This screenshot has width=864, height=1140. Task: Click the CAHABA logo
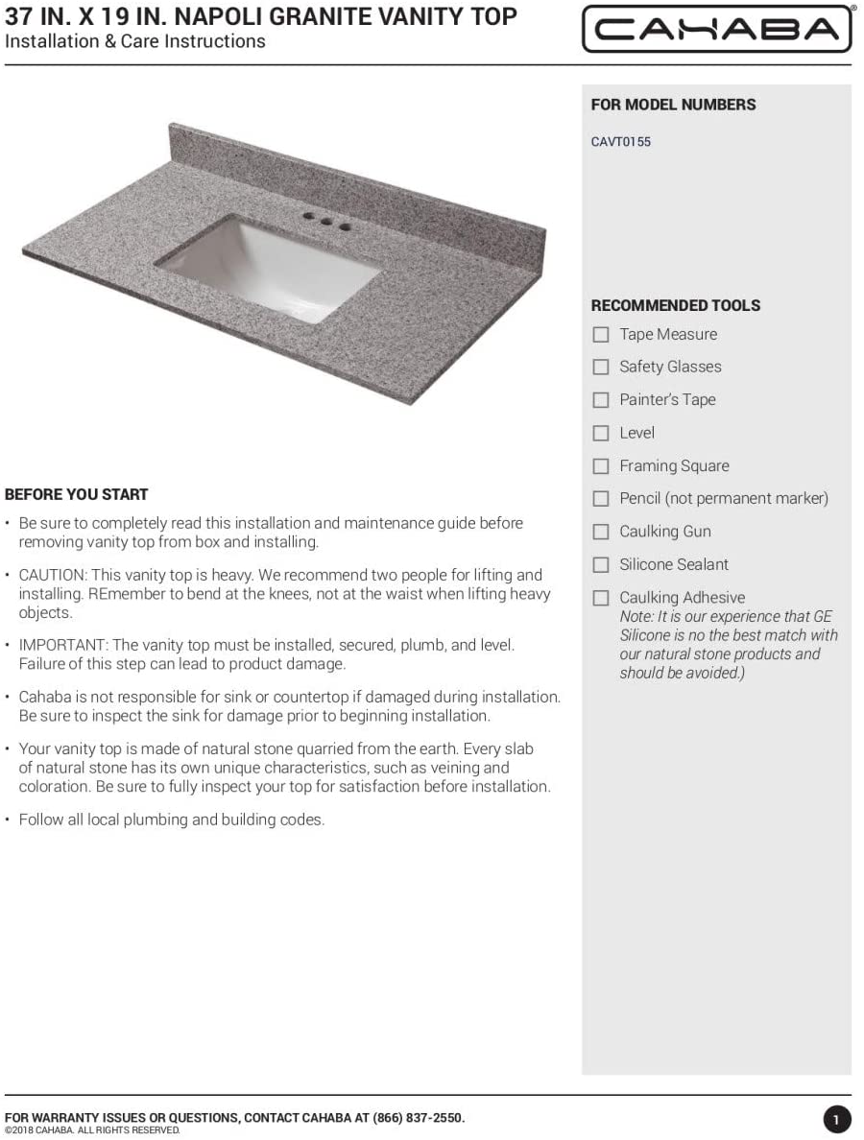[716, 29]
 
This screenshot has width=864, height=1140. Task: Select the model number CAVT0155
[620, 142]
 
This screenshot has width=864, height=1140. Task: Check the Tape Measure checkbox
[601, 335]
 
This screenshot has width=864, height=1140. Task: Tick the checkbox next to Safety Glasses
[601, 368]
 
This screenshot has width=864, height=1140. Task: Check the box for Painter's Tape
[601, 400]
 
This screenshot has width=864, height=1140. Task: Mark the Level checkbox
[601, 434]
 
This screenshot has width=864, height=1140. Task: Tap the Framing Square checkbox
[601, 466]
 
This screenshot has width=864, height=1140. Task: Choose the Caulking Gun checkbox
[601, 532]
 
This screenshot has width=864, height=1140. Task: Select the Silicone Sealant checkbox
[601, 565]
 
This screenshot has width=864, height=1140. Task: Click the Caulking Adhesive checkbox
[601, 598]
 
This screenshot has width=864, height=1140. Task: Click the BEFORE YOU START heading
[77, 495]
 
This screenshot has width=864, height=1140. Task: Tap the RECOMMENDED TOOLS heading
[675, 306]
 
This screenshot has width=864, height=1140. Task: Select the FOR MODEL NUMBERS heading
[673, 105]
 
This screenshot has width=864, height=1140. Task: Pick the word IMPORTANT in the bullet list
[56, 645]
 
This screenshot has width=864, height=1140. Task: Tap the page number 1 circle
[836, 1119]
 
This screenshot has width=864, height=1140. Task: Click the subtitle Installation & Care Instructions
[135, 41]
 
